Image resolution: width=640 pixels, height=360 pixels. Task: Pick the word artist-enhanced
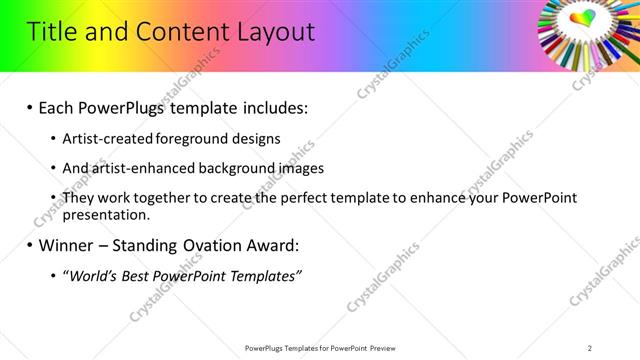(136, 168)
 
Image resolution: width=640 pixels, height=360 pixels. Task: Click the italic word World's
(93, 275)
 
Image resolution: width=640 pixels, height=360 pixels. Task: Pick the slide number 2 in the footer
(590, 348)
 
